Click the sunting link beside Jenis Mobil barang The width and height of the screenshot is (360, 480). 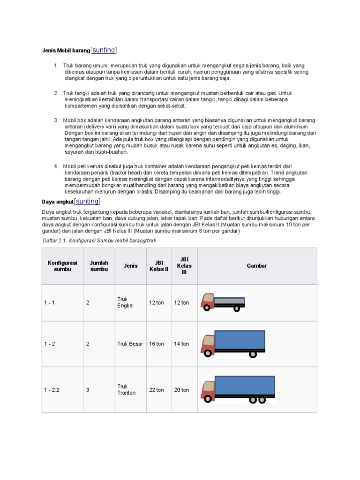pos(104,50)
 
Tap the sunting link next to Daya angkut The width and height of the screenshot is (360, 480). pos(87,201)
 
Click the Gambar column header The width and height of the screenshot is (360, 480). pos(257,266)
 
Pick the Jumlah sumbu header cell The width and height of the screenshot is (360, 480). pos(99,266)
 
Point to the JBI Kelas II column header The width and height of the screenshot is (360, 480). pos(158,266)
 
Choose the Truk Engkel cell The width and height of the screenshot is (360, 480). pos(125,302)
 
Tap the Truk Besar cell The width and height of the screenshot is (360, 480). pos(130,344)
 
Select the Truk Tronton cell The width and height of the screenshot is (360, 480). pos(126,390)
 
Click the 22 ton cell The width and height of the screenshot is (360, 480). pos(157,390)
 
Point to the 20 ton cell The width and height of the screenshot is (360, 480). pos(181,390)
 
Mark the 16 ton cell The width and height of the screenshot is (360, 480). pos(157,344)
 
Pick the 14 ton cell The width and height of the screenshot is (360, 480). pos(181,344)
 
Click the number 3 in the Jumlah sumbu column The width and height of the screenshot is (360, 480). pos(88,390)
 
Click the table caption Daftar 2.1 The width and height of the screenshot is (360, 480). pos(96,240)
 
